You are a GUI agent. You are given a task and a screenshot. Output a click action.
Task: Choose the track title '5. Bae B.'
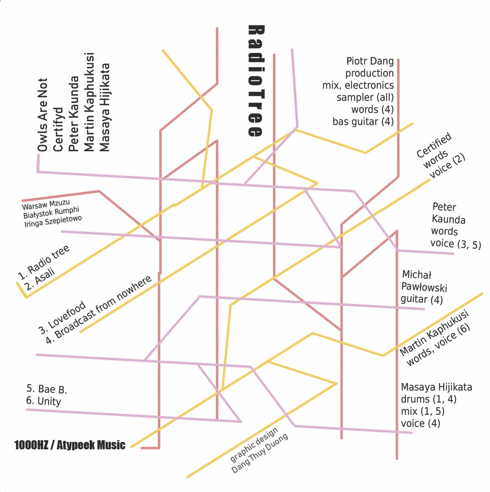pos(47,389)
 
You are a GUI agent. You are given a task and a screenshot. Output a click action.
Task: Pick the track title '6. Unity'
pos(43,401)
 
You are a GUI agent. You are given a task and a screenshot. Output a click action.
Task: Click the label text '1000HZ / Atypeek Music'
pos(70,445)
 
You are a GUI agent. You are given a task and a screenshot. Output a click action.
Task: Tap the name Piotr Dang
pos(370,61)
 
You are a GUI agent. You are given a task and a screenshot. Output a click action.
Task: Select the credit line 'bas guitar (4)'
pos(363,122)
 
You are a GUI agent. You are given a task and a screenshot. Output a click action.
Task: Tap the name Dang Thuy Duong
pos(260,453)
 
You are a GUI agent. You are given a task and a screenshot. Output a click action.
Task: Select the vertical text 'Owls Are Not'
pos(42,115)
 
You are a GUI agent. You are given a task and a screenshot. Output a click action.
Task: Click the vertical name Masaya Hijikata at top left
pos(105,107)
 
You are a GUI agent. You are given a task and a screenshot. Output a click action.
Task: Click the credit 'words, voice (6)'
pos(438,347)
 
